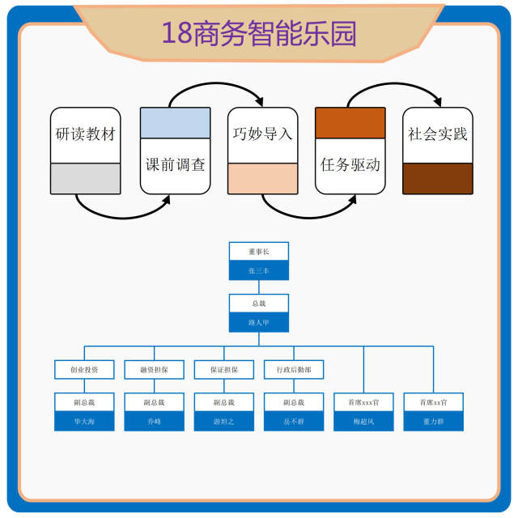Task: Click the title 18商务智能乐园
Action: point(259,33)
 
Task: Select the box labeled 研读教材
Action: point(86,134)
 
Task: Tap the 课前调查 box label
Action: point(176,164)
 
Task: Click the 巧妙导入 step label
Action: point(262,134)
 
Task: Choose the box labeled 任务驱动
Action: point(350,164)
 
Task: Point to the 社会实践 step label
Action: point(438,134)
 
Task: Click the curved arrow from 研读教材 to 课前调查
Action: point(121,213)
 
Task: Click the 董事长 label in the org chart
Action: point(258,253)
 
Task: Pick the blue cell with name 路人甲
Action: point(258,321)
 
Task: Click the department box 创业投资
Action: point(84,370)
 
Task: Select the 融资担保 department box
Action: point(154,370)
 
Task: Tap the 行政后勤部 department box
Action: point(294,370)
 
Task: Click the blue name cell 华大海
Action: point(84,421)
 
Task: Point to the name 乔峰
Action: point(154,421)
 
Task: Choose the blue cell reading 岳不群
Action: point(294,421)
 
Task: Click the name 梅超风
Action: point(363,421)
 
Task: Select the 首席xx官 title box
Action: point(433,402)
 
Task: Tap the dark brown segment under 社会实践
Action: point(438,178)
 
